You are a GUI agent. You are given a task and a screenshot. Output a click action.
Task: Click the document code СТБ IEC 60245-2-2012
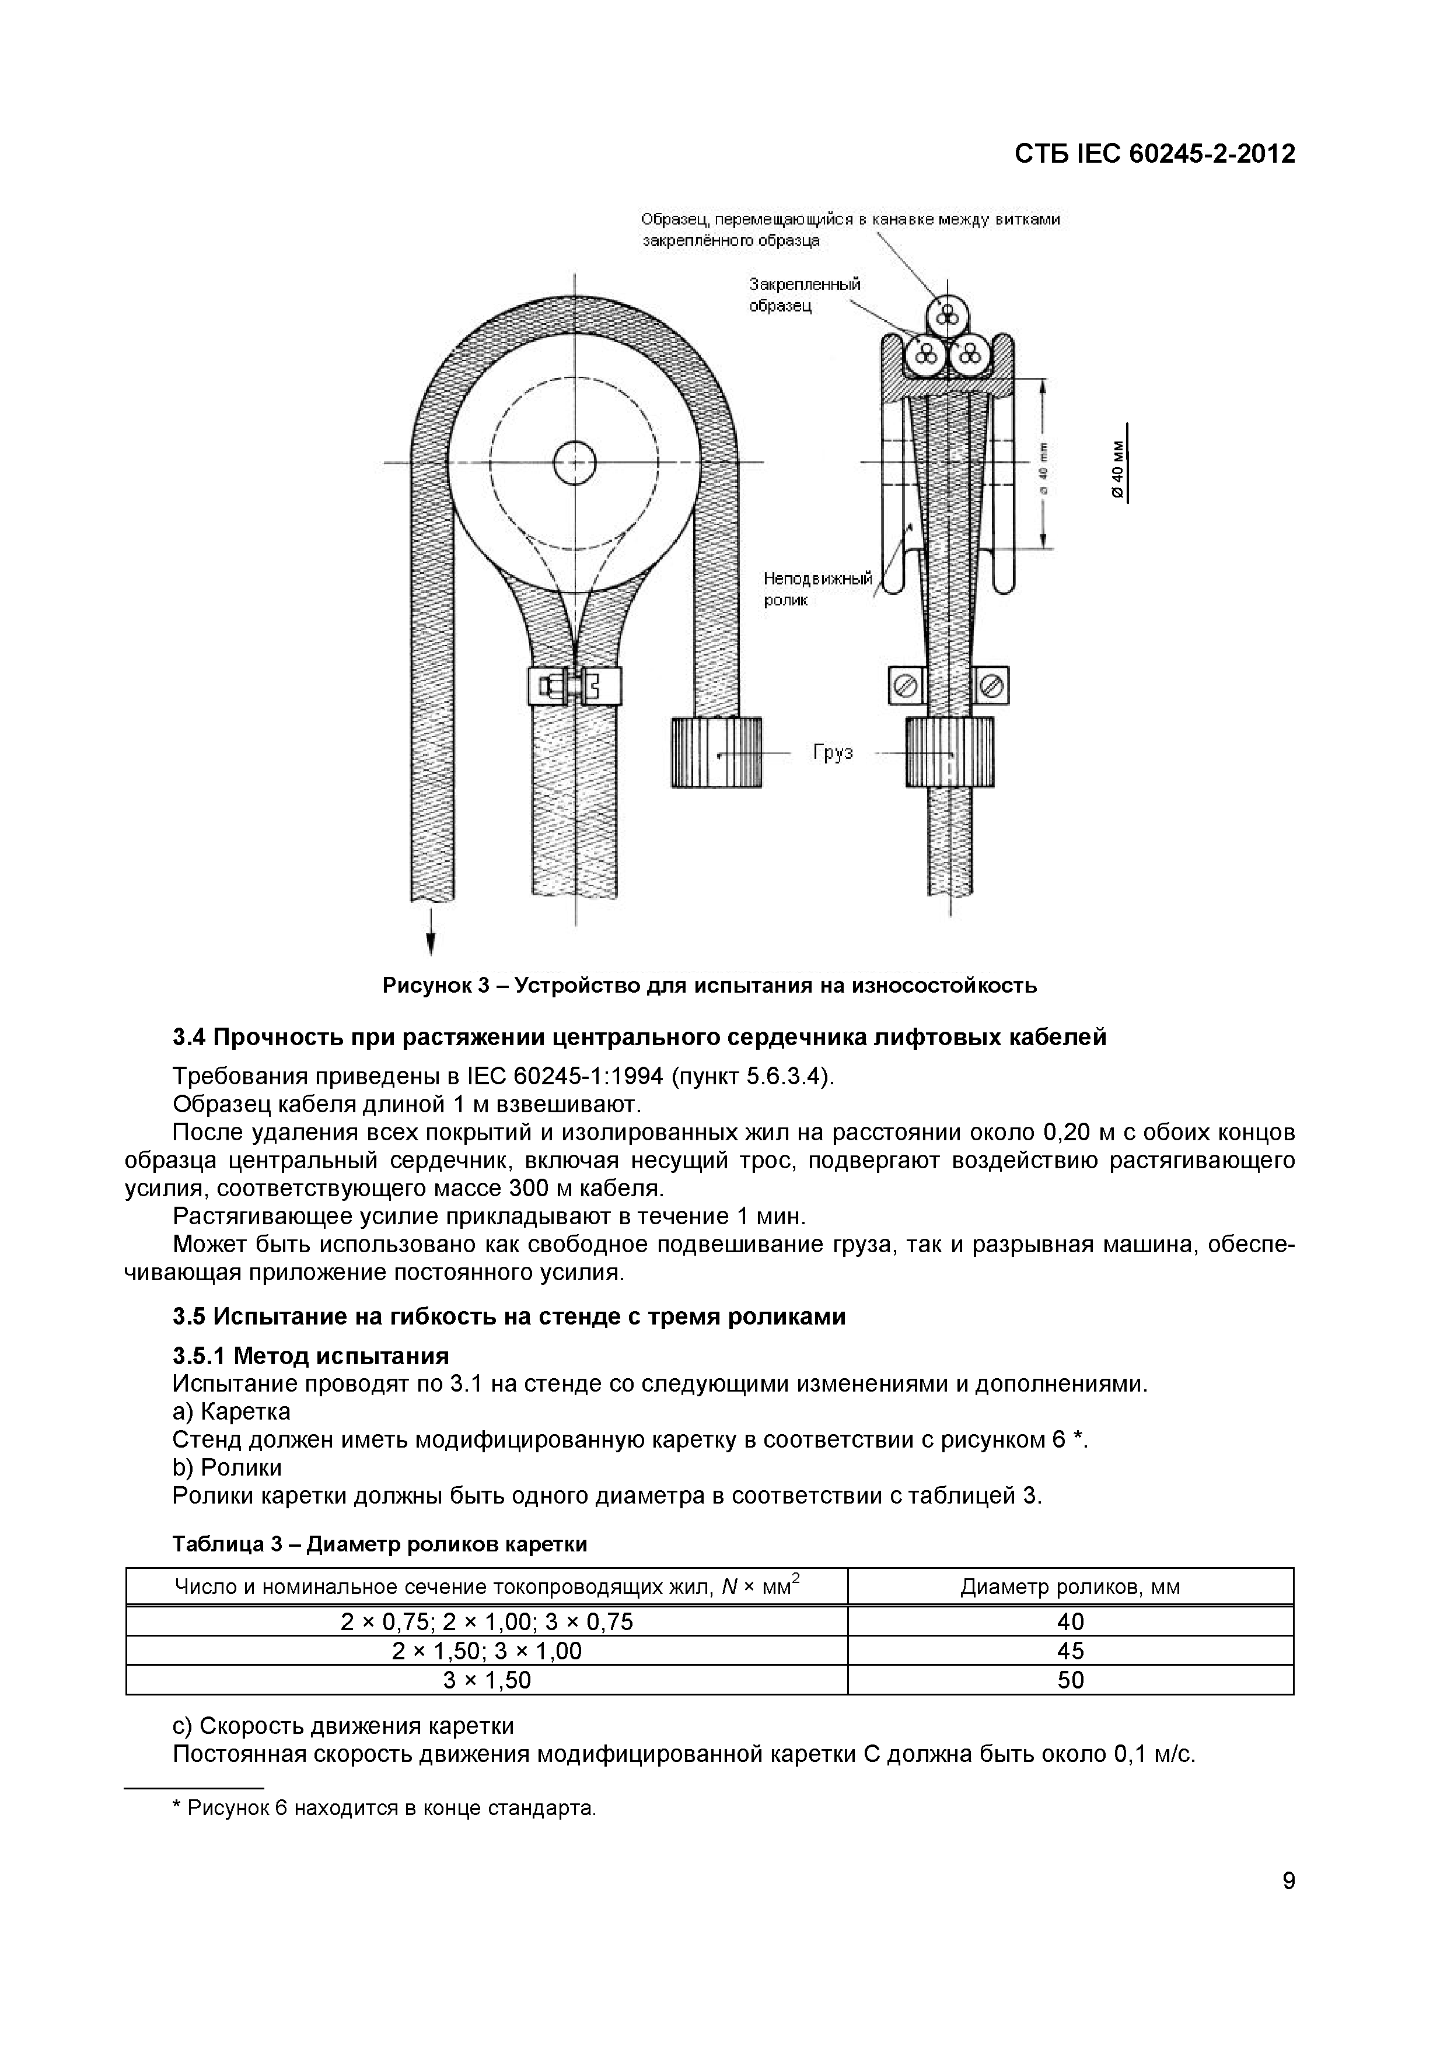click(1155, 154)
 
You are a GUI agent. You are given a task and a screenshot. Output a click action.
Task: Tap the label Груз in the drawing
click(832, 753)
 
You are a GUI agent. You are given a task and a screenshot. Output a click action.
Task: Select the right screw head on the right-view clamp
click(992, 686)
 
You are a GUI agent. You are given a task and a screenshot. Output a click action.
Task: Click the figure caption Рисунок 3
click(709, 986)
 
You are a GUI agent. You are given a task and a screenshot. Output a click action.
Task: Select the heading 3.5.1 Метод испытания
click(310, 1356)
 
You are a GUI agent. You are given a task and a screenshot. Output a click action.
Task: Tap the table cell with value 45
click(1070, 1651)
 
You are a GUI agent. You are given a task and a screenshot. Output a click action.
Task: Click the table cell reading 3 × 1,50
click(487, 1680)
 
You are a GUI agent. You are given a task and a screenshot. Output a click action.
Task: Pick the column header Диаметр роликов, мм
click(1070, 1586)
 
